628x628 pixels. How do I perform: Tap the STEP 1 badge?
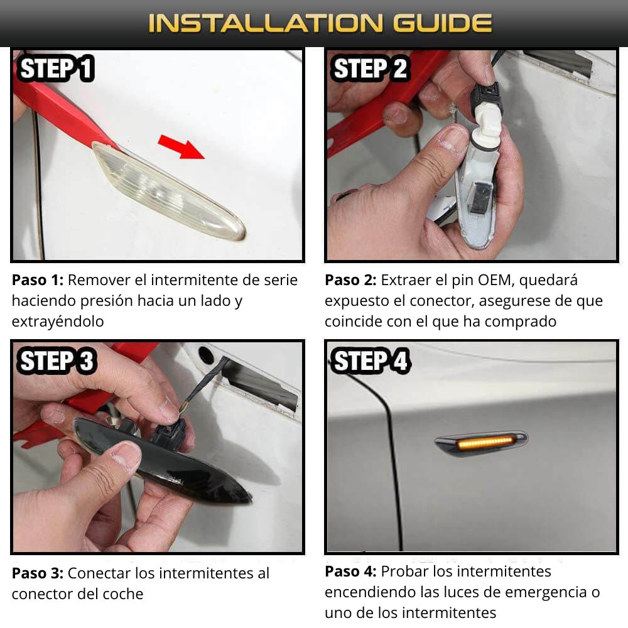[56, 68]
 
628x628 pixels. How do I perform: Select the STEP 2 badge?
[369, 68]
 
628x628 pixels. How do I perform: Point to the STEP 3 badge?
[56, 361]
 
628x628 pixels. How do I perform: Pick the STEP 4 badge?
[369, 361]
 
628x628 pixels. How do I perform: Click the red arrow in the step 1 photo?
[181, 146]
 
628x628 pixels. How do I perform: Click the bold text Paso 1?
[38, 280]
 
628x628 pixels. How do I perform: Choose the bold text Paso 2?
[350, 280]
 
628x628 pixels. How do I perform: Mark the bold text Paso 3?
[38, 573]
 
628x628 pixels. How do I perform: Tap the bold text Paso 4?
[350, 571]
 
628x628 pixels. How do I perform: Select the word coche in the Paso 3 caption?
[123, 594]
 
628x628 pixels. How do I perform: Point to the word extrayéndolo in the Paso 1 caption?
[58, 322]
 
